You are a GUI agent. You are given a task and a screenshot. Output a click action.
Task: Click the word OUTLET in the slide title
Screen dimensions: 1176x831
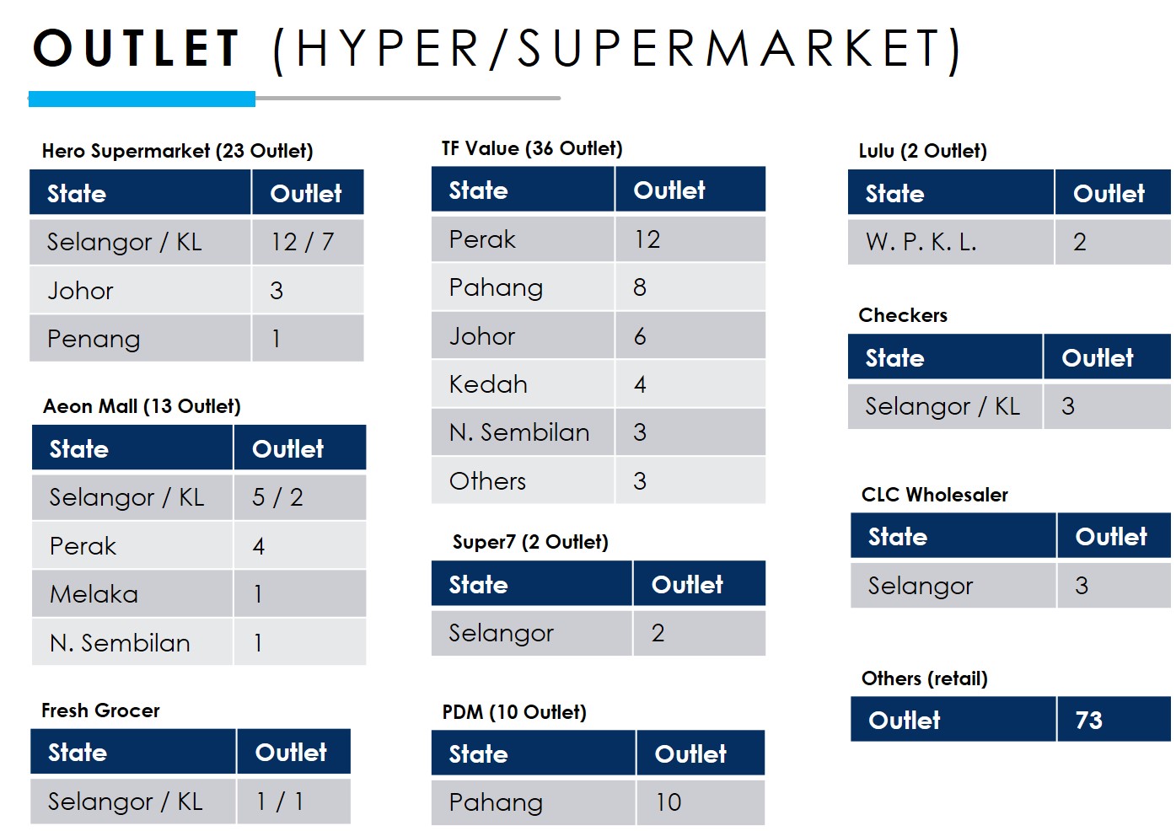point(136,48)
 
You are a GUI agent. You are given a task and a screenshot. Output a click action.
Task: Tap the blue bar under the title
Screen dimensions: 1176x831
point(142,99)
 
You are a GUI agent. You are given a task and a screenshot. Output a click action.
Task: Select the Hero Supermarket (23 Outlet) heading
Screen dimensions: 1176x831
point(177,151)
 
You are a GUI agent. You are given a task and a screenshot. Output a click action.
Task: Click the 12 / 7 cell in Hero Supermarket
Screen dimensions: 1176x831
point(303,242)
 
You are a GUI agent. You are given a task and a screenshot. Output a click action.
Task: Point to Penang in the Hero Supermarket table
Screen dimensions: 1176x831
point(94,339)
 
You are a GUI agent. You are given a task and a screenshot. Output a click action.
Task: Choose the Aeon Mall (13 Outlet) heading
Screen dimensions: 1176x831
point(142,406)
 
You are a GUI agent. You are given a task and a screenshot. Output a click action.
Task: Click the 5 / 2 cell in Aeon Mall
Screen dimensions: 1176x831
point(277,497)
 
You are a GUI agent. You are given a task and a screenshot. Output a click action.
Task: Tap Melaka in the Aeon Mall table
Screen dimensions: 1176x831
point(94,594)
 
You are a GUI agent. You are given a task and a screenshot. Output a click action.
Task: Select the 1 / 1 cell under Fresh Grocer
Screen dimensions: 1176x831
point(279,802)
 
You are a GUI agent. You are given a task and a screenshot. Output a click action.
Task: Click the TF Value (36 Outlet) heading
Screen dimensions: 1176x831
point(532,148)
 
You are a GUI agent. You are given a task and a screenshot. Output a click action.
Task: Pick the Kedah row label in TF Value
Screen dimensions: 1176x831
point(488,384)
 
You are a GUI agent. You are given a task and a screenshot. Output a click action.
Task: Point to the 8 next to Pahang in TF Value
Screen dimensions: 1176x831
point(640,287)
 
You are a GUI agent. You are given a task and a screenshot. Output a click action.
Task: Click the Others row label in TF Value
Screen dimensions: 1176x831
point(487,481)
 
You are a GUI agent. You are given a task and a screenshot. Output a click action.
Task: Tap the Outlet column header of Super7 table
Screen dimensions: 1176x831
point(687,585)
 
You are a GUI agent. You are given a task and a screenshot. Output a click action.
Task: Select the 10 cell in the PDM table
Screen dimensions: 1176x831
point(669,802)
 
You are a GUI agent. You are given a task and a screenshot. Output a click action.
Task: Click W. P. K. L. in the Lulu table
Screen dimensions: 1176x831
point(921,242)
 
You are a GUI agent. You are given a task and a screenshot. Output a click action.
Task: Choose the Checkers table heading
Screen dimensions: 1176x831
point(903,315)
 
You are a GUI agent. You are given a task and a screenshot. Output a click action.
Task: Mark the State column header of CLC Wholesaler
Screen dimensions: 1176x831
point(898,537)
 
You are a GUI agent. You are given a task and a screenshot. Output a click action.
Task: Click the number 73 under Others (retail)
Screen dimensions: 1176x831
point(1089,721)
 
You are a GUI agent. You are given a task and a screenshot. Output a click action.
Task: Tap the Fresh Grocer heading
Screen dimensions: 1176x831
point(100,710)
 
